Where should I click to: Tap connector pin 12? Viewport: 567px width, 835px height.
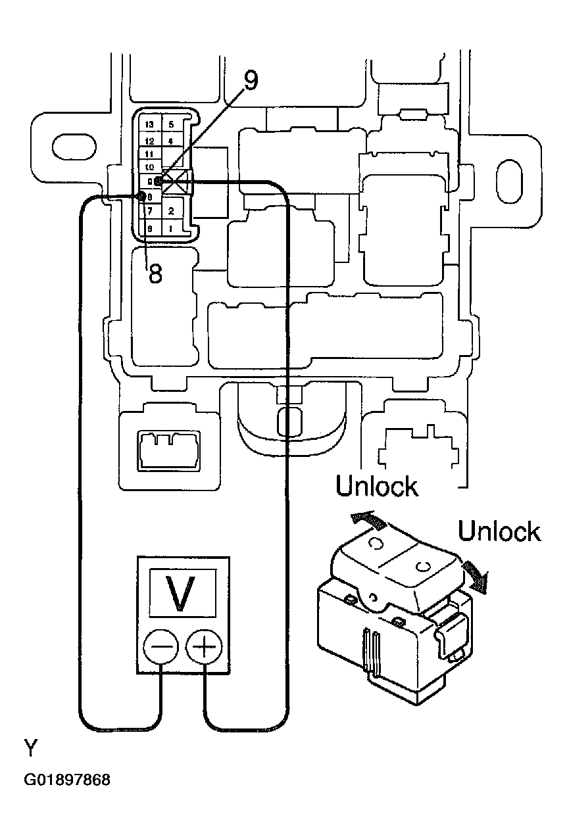pyautogui.click(x=150, y=141)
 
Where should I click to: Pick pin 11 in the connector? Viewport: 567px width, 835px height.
pyautogui.click(x=149, y=154)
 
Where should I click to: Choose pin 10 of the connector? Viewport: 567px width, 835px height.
pyautogui.click(x=149, y=167)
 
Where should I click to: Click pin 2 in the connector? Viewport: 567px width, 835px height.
pyautogui.click(x=171, y=211)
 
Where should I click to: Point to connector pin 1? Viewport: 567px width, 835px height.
pyautogui.click(x=171, y=229)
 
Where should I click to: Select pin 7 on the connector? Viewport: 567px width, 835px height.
pyautogui.click(x=150, y=211)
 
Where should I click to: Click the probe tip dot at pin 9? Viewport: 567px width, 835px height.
pyautogui.click(x=159, y=181)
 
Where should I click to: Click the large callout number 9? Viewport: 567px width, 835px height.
pyautogui.click(x=250, y=80)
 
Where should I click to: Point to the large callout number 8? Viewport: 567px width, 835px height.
pyautogui.click(x=155, y=273)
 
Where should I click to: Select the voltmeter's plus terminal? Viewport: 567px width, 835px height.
pyautogui.click(x=205, y=651)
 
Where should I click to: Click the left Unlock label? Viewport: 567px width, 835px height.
pyautogui.click(x=376, y=487)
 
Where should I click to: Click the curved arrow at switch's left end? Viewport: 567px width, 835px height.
pyautogui.click(x=367, y=519)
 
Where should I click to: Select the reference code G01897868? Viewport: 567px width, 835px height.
pyautogui.click(x=67, y=780)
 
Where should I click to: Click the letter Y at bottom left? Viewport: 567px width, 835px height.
pyautogui.click(x=32, y=748)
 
